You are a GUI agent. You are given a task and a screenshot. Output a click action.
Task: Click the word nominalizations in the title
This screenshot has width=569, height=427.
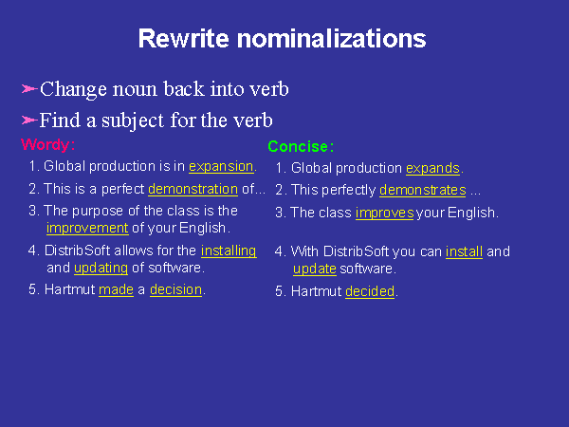[331, 39]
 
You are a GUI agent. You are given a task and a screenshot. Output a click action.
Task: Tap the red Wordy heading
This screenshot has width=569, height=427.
[48, 144]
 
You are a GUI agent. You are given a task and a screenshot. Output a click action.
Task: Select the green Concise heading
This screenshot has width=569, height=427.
[301, 146]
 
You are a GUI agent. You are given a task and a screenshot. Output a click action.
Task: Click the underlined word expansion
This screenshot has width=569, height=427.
[221, 166]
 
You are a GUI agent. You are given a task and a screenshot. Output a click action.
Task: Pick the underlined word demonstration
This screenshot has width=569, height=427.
[193, 189]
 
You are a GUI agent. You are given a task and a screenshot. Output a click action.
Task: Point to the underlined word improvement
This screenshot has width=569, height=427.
[87, 228]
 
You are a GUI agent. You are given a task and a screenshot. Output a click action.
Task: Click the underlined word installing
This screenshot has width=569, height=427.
[229, 251]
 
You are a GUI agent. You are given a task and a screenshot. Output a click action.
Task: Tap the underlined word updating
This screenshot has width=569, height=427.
[101, 268]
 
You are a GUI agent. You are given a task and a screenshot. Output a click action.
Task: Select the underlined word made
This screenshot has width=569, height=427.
[116, 289]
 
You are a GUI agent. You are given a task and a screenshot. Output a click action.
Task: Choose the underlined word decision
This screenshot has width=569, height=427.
[175, 289]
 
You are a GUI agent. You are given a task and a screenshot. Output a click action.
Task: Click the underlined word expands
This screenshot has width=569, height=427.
[433, 169]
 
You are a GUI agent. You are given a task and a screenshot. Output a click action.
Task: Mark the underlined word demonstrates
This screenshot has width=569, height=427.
[423, 191]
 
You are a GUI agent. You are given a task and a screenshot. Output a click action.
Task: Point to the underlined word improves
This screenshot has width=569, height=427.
[385, 213]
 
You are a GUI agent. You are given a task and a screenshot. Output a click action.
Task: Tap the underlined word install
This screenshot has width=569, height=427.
[464, 251]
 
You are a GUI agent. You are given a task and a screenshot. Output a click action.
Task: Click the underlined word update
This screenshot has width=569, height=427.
[315, 269]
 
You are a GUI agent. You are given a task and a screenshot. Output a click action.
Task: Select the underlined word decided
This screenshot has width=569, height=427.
[370, 291]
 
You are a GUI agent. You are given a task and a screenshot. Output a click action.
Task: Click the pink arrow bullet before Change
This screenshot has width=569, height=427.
[29, 88]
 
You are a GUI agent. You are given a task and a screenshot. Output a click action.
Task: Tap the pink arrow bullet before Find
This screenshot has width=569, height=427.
[29, 120]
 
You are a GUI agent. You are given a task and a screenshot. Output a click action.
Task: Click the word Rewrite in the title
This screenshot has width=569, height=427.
[184, 39]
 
